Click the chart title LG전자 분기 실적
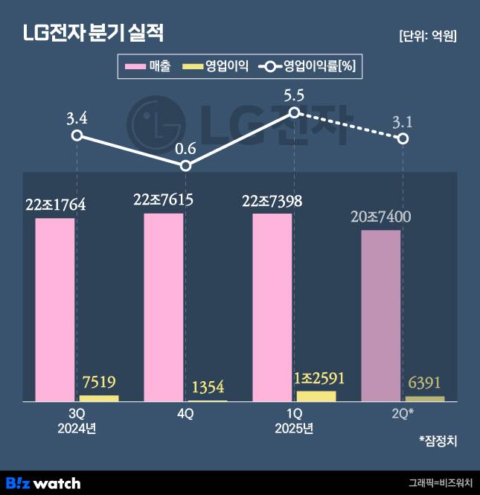tap(93, 33)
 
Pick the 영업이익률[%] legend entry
tap(308, 67)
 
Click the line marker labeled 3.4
tap(77, 135)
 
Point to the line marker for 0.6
tap(186, 165)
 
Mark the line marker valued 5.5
tap(294, 112)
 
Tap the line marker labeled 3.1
tap(403, 138)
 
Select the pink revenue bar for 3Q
tap(55, 309)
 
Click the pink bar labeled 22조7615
tap(164, 307)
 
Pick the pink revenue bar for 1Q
tap(272, 307)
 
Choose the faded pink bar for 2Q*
tap(381, 316)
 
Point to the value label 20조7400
tap(381, 217)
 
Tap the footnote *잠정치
tap(438, 441)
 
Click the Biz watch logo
tap(42, 483)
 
